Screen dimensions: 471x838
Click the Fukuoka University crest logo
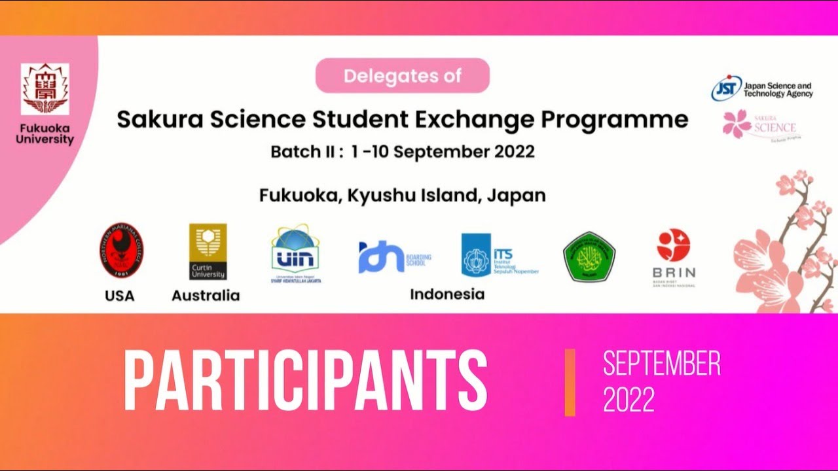click(45, 90)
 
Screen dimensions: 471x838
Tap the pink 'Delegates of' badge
click(403, 76)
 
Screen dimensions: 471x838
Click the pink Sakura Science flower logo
click(737, 123)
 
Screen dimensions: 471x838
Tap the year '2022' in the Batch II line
click(510, 152)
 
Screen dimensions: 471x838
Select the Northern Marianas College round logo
click(122, 251)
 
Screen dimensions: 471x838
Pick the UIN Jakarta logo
click(296, 253)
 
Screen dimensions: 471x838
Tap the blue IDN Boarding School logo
click(382, 257)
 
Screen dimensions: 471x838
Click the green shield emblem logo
click(589, 257)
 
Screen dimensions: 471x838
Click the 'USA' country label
click(119, 296)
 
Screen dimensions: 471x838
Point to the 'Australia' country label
click(206, 296)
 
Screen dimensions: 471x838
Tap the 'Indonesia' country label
click(447, 294)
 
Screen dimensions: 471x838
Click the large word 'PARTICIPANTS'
click(305, 381)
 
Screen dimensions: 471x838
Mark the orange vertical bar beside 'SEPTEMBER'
click(570, 382)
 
